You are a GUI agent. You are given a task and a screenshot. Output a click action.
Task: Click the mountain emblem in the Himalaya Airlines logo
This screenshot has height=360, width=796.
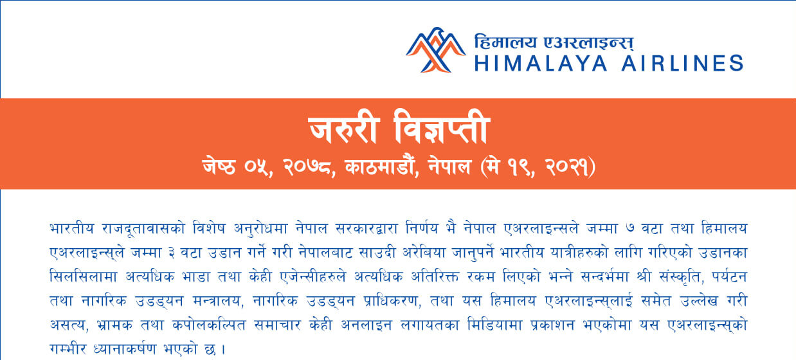click(x=436, y=50)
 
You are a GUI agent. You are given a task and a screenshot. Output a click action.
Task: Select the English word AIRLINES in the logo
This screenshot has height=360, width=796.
click(x=682, y=64)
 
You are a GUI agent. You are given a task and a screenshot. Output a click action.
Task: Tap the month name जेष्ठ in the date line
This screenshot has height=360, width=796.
click(x=219, y=166)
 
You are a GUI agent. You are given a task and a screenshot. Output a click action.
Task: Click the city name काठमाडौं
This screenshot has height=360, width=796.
click(x=379, y=166)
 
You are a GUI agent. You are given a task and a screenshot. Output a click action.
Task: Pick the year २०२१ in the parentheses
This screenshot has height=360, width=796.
click(x=566, y=167)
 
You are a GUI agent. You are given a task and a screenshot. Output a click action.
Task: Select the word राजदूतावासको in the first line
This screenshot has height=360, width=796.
click(x=143, y=228)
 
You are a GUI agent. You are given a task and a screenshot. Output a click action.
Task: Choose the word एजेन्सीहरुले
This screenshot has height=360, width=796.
click(x=312, y=276)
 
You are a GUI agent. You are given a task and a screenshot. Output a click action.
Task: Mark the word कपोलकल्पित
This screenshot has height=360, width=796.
click(x=208, y=325)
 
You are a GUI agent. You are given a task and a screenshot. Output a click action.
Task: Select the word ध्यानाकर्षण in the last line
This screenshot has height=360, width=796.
click(x=125, y=349)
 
